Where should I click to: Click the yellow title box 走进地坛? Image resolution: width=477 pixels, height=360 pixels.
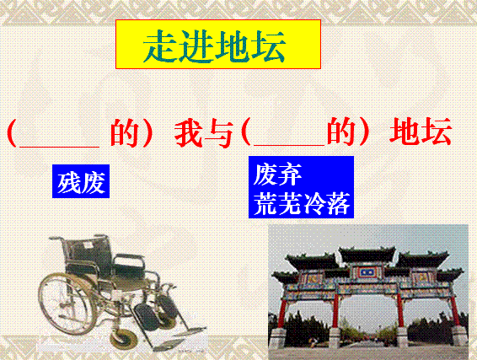coord(218,44)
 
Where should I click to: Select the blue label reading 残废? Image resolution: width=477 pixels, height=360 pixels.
coord(81,181)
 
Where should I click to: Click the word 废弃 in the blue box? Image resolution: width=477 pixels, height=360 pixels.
coord(277,174)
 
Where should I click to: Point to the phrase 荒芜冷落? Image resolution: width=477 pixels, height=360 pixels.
coord(302,202)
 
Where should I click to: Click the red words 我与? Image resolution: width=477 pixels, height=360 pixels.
coord(203,133)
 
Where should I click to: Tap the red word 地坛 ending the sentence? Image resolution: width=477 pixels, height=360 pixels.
coord(421,132)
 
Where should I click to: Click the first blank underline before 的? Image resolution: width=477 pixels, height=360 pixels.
coord(59,147)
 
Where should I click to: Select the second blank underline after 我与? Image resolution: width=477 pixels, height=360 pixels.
coord(289,145)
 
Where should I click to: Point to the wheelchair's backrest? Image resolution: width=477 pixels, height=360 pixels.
coord(88,252)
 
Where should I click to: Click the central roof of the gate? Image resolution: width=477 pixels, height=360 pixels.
coord(367,255)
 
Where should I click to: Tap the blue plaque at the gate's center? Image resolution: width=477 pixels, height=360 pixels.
coord(367,271)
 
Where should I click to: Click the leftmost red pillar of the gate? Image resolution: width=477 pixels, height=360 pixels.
coord(282,314)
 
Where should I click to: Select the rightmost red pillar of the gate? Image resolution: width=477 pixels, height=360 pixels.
coord(454,311)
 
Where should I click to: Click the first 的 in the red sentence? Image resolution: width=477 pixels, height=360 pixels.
coord(125,133)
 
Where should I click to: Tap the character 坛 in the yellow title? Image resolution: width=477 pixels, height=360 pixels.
coord(268,46)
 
